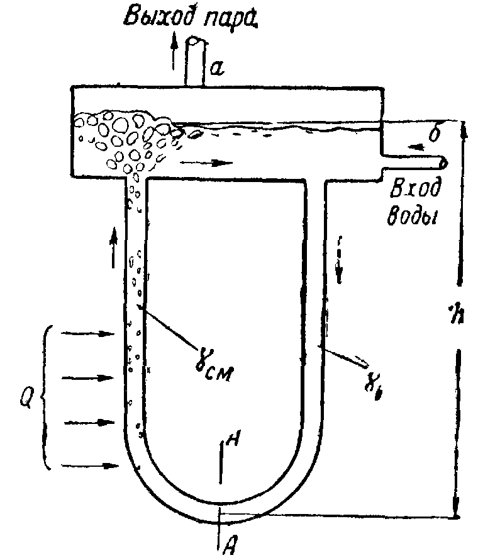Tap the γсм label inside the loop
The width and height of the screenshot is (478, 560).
pos(211,368)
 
